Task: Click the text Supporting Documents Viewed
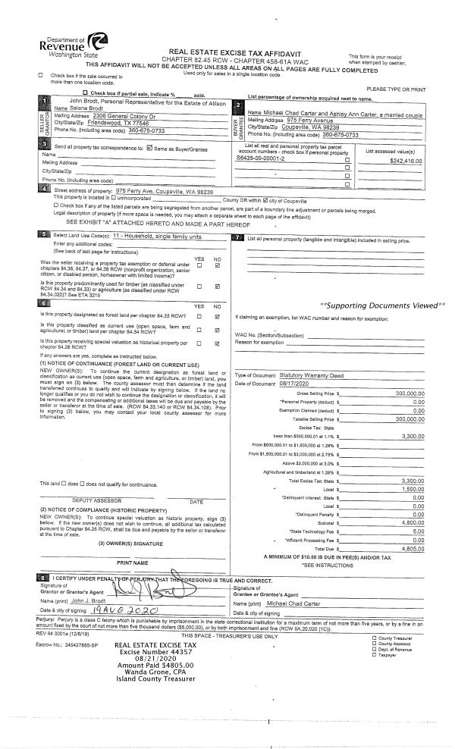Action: pyautogui.click(x=379, y=305)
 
